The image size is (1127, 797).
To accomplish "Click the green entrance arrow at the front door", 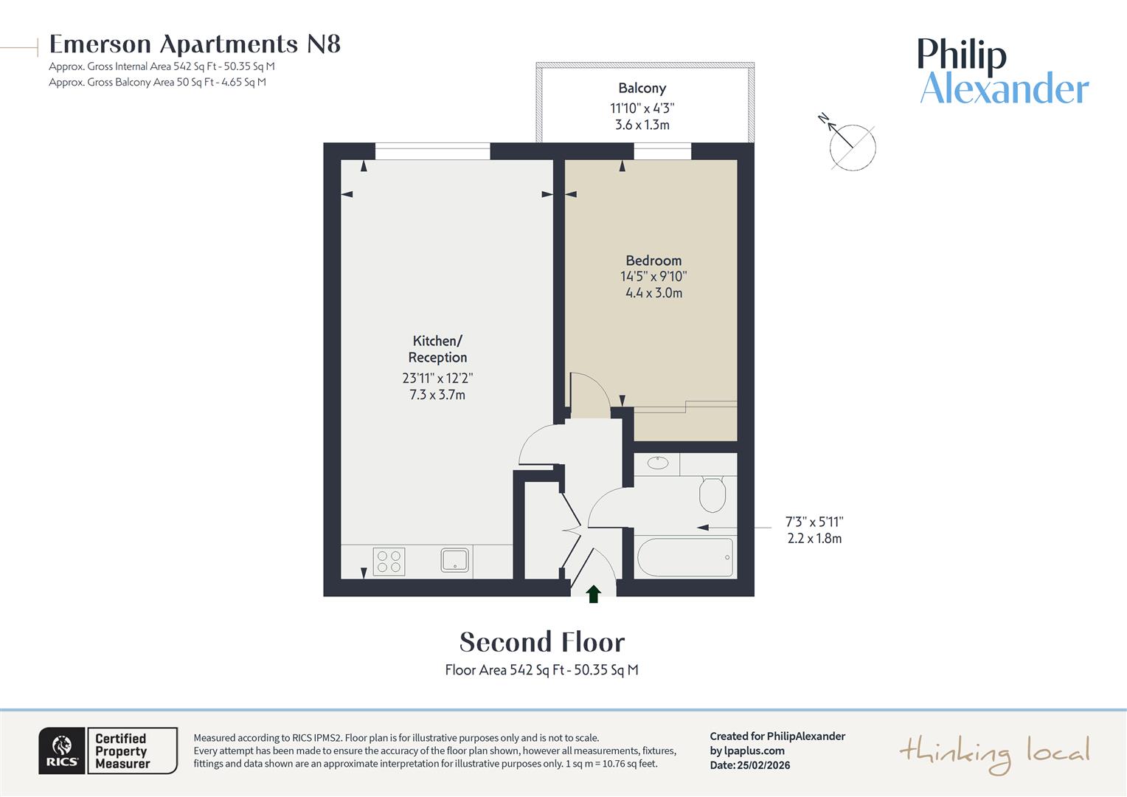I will tap(593, 594).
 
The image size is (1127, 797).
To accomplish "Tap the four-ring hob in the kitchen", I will tap(388, 562).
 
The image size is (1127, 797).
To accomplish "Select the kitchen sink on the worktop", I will tap(455, 560).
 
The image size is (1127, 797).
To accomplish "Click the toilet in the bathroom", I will tap(712, 494).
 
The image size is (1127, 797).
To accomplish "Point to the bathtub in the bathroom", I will tap(684, 557).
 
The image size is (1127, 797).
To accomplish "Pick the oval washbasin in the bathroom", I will tap(657, 463).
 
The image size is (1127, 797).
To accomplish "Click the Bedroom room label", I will tap(653, 261).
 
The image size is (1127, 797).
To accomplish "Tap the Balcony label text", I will tap(642, 89).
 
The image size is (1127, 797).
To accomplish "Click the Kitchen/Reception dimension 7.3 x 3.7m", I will tap(437, 395).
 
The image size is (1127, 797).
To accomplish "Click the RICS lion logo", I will tap(62, 751).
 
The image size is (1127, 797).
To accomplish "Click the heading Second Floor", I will tap(542, 642).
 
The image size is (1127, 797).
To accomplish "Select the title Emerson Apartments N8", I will tap(195, 44).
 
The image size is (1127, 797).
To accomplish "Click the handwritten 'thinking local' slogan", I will tap(994, 753).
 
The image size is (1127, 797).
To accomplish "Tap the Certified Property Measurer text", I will tap(122, 751).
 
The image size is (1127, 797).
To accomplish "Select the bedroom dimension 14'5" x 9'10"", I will tap(653, 277).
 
